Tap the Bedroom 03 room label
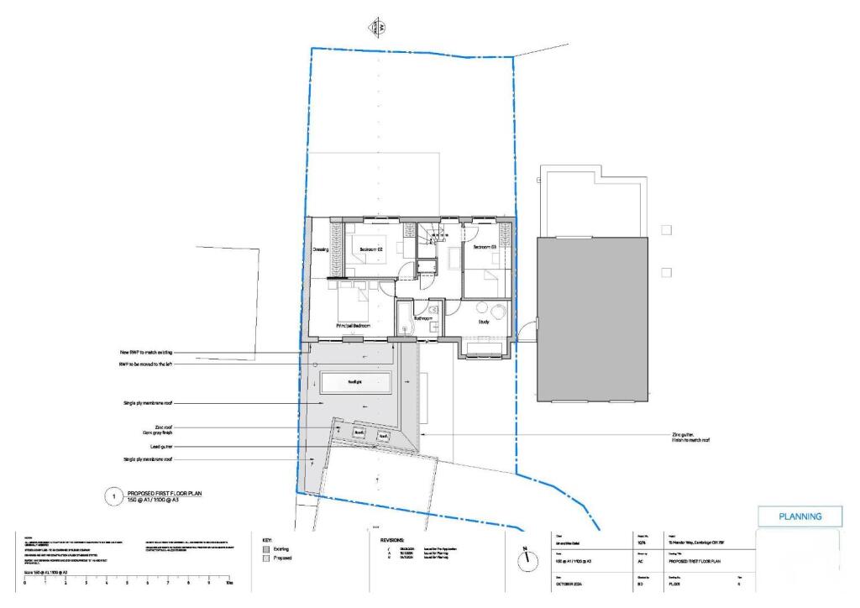(x=485, y=248)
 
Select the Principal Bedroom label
(x=353, y=325)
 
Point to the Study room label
(x=485, y=321)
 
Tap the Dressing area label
(x=320, y=249)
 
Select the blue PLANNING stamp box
(x=800, y=516)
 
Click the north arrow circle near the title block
(x=527, y=560)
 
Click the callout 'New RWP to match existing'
(x=148, y=353)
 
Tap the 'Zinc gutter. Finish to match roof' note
(x=685, y=437)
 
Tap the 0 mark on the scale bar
(x=24, y=581)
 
